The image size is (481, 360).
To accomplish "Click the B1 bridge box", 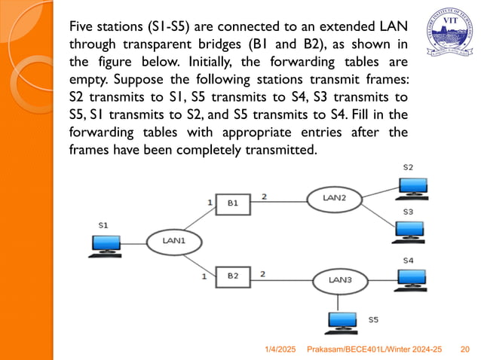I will point(233,203).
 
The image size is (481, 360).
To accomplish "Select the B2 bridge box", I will point(233,276).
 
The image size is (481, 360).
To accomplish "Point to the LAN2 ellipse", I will point(334,197).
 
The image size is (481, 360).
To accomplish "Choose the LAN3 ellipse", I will point(339,280).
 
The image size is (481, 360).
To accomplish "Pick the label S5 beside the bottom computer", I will point(373,320).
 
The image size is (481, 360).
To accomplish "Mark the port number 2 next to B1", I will point(264,197).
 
